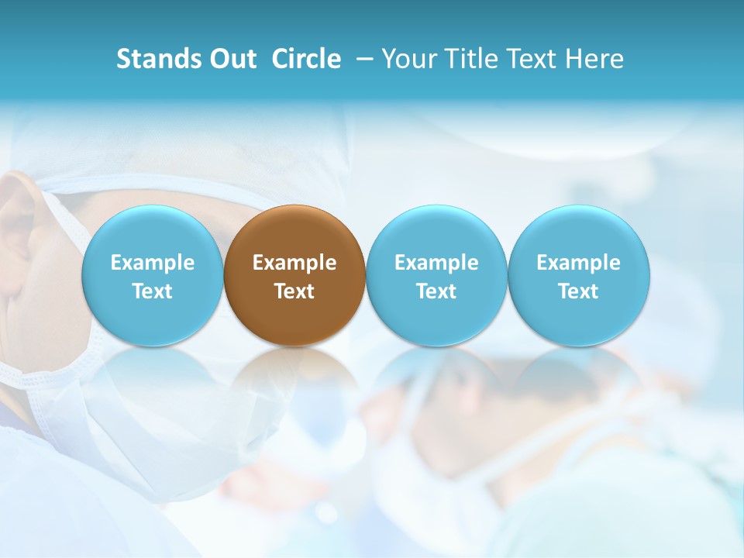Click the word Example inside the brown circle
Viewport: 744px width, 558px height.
click(x=294, y=263)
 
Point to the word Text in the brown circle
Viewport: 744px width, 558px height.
click(x=294, y=291)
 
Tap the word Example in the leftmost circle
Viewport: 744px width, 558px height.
click(x=152, y=263)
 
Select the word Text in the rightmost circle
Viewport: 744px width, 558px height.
click(x=579, y=291)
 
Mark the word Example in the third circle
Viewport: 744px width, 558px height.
click(x=436, y=263)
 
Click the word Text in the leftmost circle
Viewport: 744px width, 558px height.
click(x=152, y=291)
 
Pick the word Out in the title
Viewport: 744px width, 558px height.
click(x=232, y=59)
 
